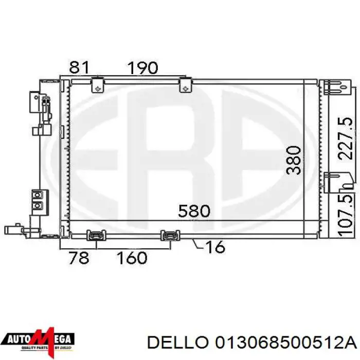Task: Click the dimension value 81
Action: tap(80, 67)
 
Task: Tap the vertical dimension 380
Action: tap(294, 160)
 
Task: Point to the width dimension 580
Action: tap(194, 211)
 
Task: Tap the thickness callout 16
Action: tap(214, 247)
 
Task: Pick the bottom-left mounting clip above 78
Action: tap(97, 236)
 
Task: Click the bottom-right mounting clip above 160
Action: tap(169, 236)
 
